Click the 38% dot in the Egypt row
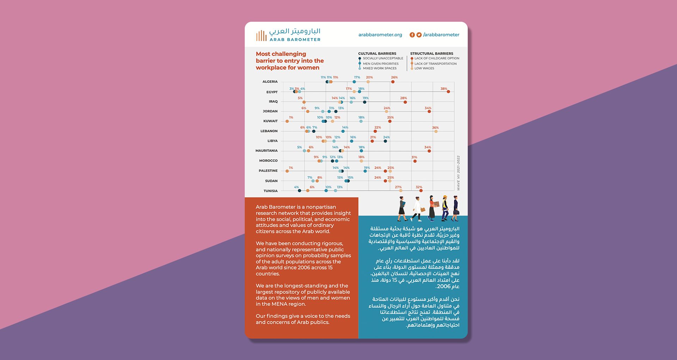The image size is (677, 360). [448, 92]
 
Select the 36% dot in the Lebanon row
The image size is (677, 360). [436, 131]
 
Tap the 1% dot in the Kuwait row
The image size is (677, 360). [287, 121]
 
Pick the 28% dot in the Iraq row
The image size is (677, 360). [405, 102]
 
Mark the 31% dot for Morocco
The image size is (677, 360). [415, 161]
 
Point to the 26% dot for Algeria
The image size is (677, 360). [393, 82]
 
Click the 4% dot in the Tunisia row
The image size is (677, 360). [299, 191]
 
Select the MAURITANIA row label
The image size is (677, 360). [267, 151]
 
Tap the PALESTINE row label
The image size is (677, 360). [268, 171]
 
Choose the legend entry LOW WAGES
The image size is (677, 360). [424, 68]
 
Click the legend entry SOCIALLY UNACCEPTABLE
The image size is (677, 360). [383, 59]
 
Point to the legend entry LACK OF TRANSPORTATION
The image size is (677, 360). [435, 64]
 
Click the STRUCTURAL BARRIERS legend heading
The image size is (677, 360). [432, 54]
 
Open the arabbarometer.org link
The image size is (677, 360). [380, 35]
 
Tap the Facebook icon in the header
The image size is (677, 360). [412, 35]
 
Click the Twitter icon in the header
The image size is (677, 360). [419, 35]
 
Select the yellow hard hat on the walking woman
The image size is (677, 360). [445, 197]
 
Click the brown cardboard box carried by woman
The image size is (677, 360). [437, 204]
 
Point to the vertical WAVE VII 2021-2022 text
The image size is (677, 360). [458, 173]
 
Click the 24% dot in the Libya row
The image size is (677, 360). [385, 141]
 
